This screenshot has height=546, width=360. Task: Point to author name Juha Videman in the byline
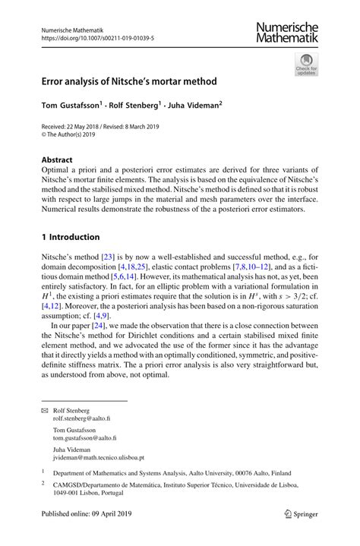(193, 106)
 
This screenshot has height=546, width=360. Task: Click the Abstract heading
(57, 160)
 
